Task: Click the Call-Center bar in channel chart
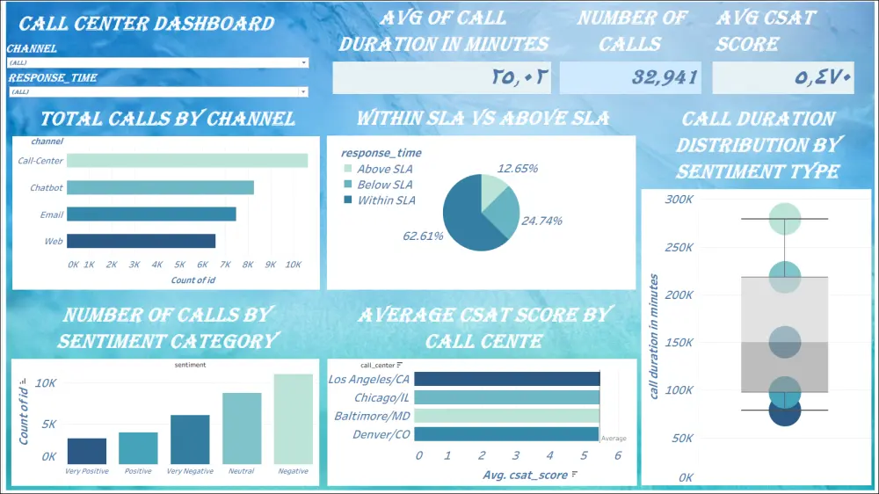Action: [x=187, y=160]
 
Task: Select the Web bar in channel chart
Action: [x=141, y=241]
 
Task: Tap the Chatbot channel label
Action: [x=46, y=187]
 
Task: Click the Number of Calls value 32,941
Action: [x=665, y=77]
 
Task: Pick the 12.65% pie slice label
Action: [x=517, y=168]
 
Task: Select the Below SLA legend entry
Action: [x=384, y=185]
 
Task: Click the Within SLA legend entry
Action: [x=386, y=200]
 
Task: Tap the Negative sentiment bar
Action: [x=293, y=419]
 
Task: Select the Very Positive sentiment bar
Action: [x=86, y=451]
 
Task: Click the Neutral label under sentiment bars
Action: [x=241, y=471]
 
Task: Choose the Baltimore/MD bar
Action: [x=506, y=415]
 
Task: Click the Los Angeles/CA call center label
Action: [x=368, y=379]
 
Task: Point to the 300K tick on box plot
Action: [x=679, y=199]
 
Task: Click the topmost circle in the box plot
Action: [x=784, y=218]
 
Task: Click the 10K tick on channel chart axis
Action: [x=294, y=264]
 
